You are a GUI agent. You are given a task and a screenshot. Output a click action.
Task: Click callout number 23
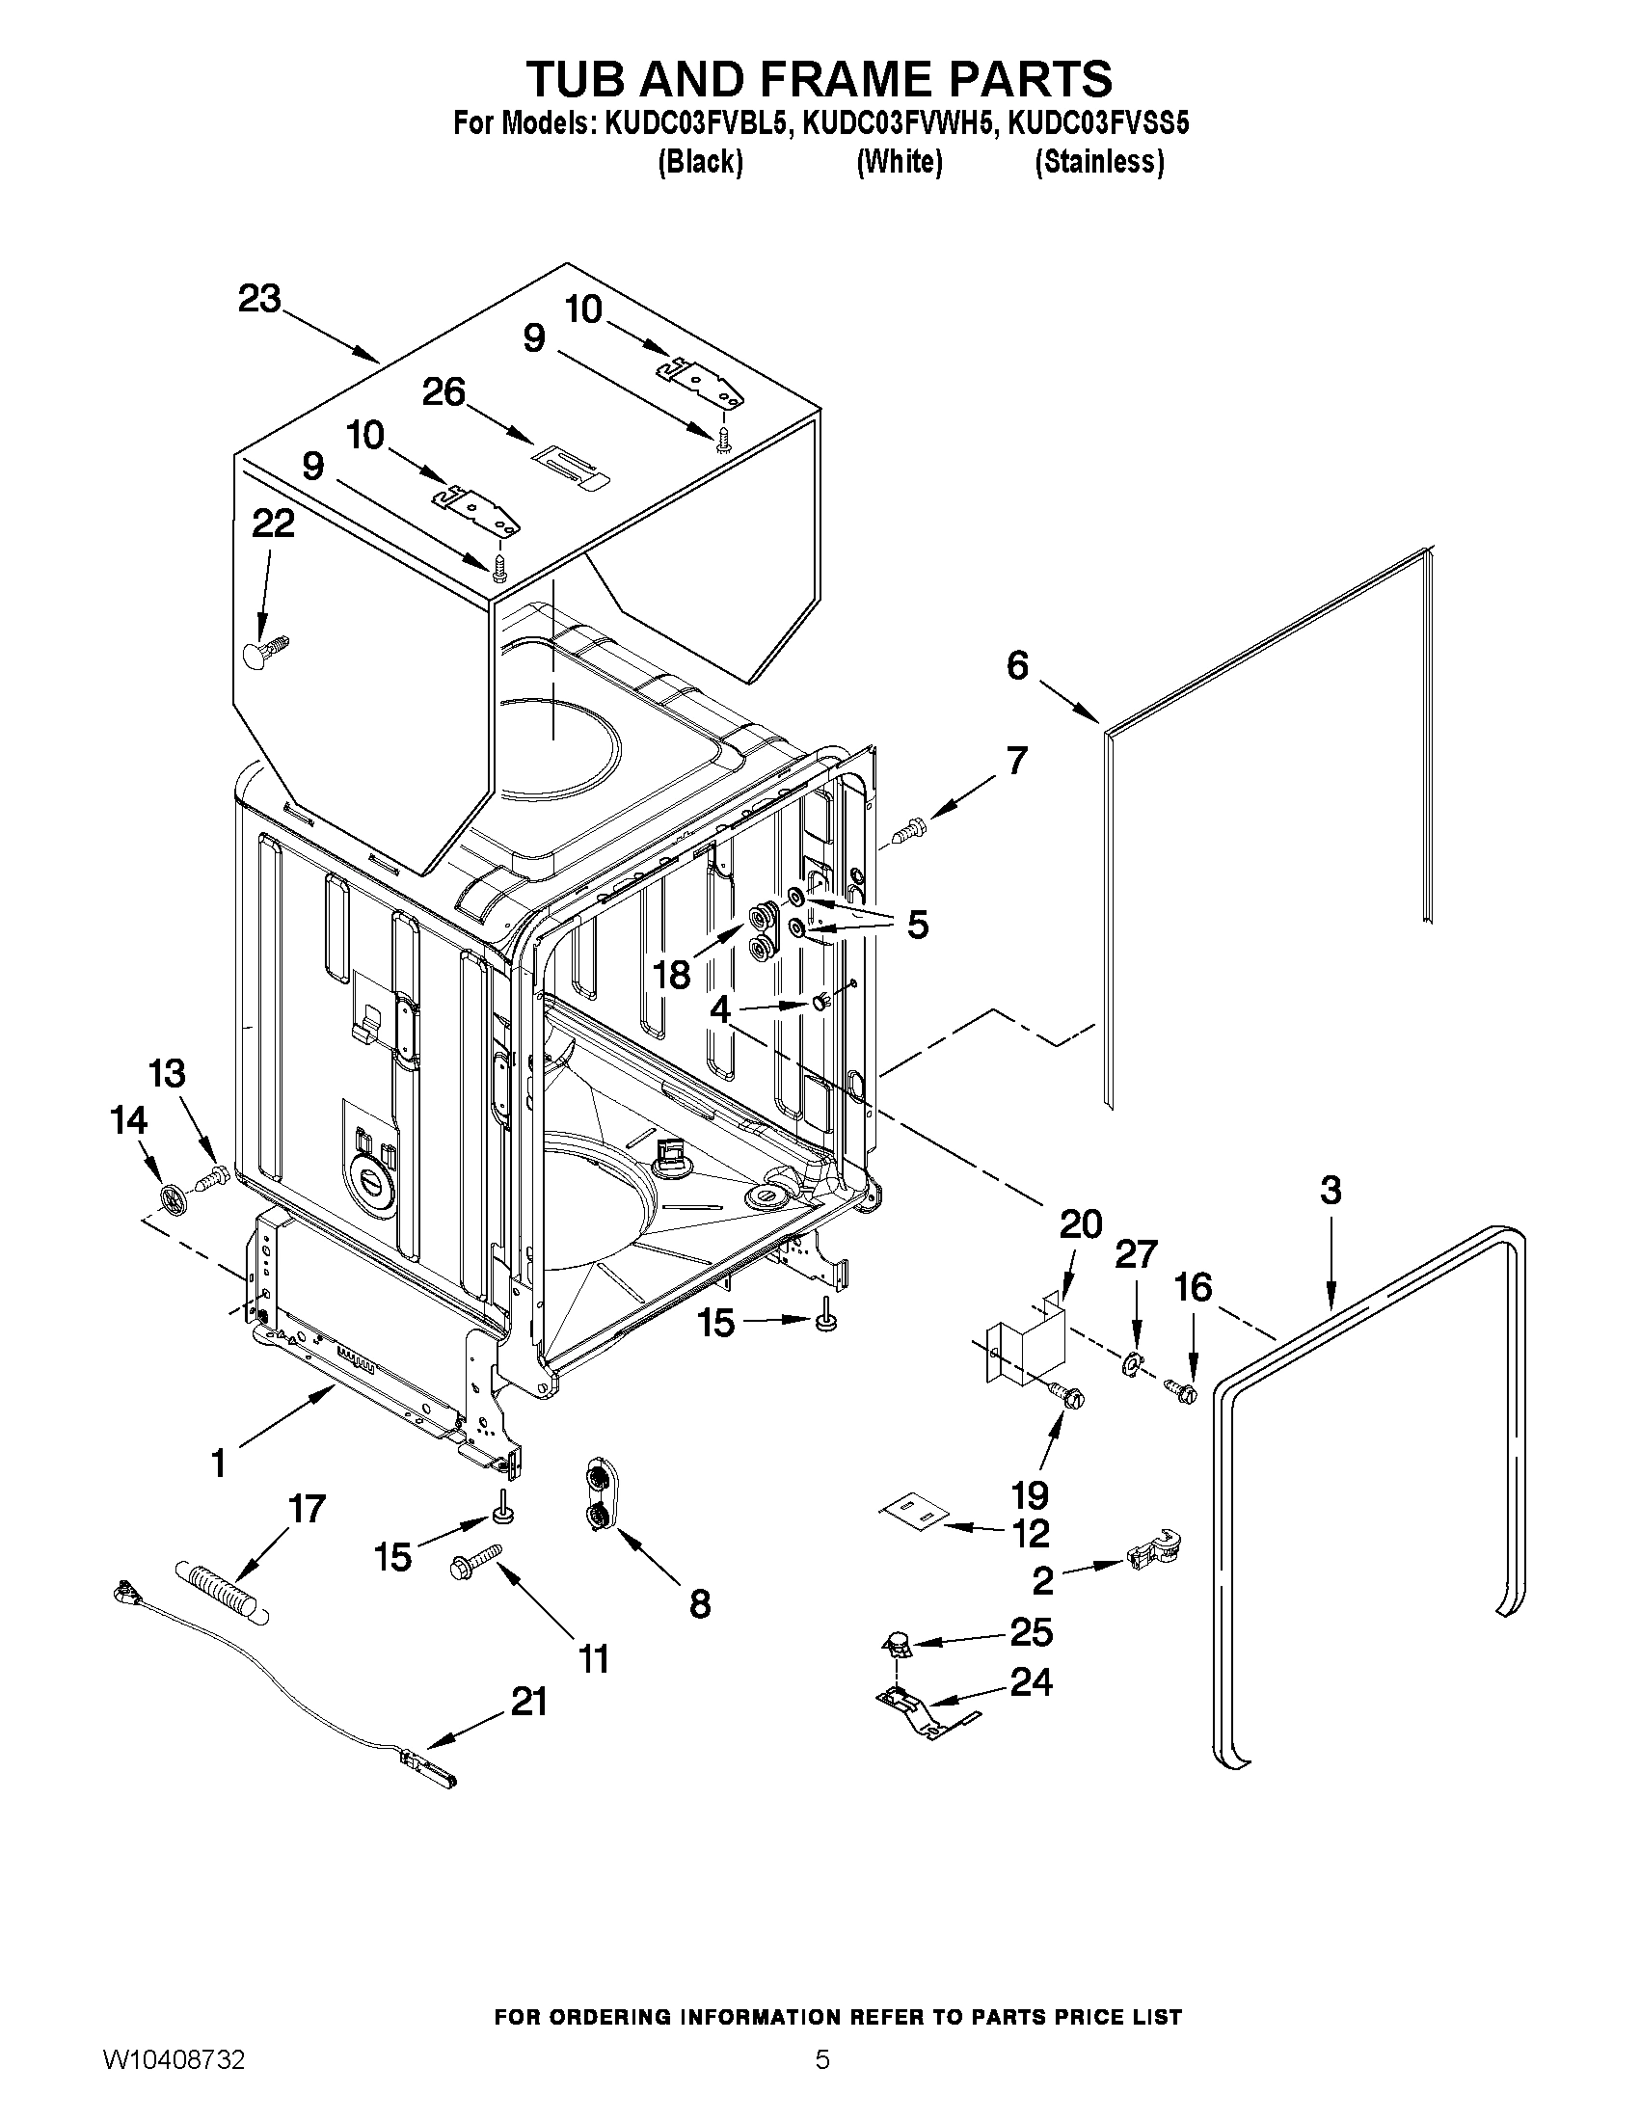point(259,298)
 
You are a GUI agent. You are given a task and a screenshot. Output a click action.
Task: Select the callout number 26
point(444,392)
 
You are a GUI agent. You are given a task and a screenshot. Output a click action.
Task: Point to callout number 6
point(1017,665)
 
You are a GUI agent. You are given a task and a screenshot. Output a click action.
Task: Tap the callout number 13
point(167,1074)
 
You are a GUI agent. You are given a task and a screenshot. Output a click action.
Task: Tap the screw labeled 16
point(1182,1391)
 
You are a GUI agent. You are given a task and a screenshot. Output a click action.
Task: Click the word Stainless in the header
point(1098,161)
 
